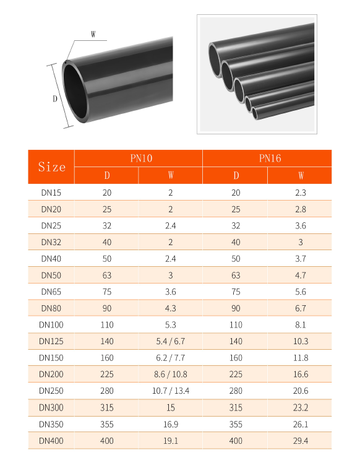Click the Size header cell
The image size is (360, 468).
click(x=51, y=167)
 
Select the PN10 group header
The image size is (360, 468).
click(x=141, y=158)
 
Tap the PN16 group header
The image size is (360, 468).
click(x=270, y=158)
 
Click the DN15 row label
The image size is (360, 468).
click(x=51, y=193)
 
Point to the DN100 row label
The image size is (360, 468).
click(x=51, y=325)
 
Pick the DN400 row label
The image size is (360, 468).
click(x=51, y=441)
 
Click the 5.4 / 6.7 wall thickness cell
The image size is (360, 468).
click(x=171, y=341)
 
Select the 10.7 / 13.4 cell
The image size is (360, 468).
click(x=171, y=391)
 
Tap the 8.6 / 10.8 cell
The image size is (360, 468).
click(x=171, y=375)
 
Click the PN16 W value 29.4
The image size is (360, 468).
click(x=301, y=441)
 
